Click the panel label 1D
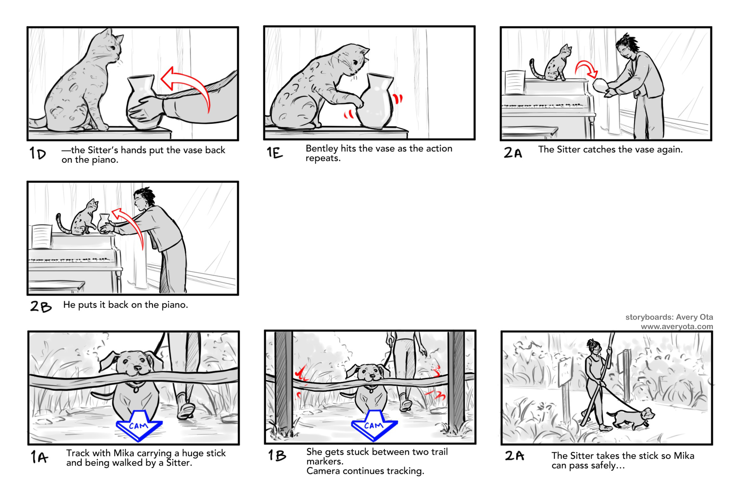[37, 153]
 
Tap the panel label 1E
[275, 152]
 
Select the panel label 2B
[41, 306]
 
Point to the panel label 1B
[277, 455]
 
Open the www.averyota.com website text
[677, 326]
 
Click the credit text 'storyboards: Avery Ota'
[669, 317]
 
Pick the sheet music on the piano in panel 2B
[41, 236]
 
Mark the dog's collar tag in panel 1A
[136, 389]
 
